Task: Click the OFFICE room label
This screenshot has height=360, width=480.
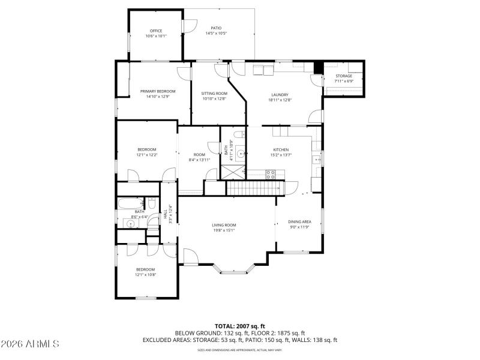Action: pos(155,31)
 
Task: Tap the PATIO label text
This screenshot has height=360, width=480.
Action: pos(216,28)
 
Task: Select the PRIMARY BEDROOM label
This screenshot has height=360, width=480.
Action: pos(158,91)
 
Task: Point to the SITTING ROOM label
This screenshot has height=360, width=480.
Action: pos(214,94)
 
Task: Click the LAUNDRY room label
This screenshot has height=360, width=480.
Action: pos(280,94)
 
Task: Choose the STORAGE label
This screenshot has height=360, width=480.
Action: pos(344,76)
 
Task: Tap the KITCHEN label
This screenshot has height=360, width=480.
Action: pos(281,149)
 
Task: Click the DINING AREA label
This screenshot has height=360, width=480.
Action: pos(300,221)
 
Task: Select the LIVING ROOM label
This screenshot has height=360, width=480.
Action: pos(224,226)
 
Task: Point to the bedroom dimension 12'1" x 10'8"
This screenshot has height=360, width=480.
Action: pos(145,275)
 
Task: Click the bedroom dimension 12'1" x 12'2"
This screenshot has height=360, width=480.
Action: pos(147,155)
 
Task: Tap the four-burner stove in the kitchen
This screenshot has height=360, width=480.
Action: pos(271,175)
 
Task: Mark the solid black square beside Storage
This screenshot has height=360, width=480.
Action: pos(319,67)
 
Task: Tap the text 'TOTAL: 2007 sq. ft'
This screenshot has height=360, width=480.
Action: pos(240,326)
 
